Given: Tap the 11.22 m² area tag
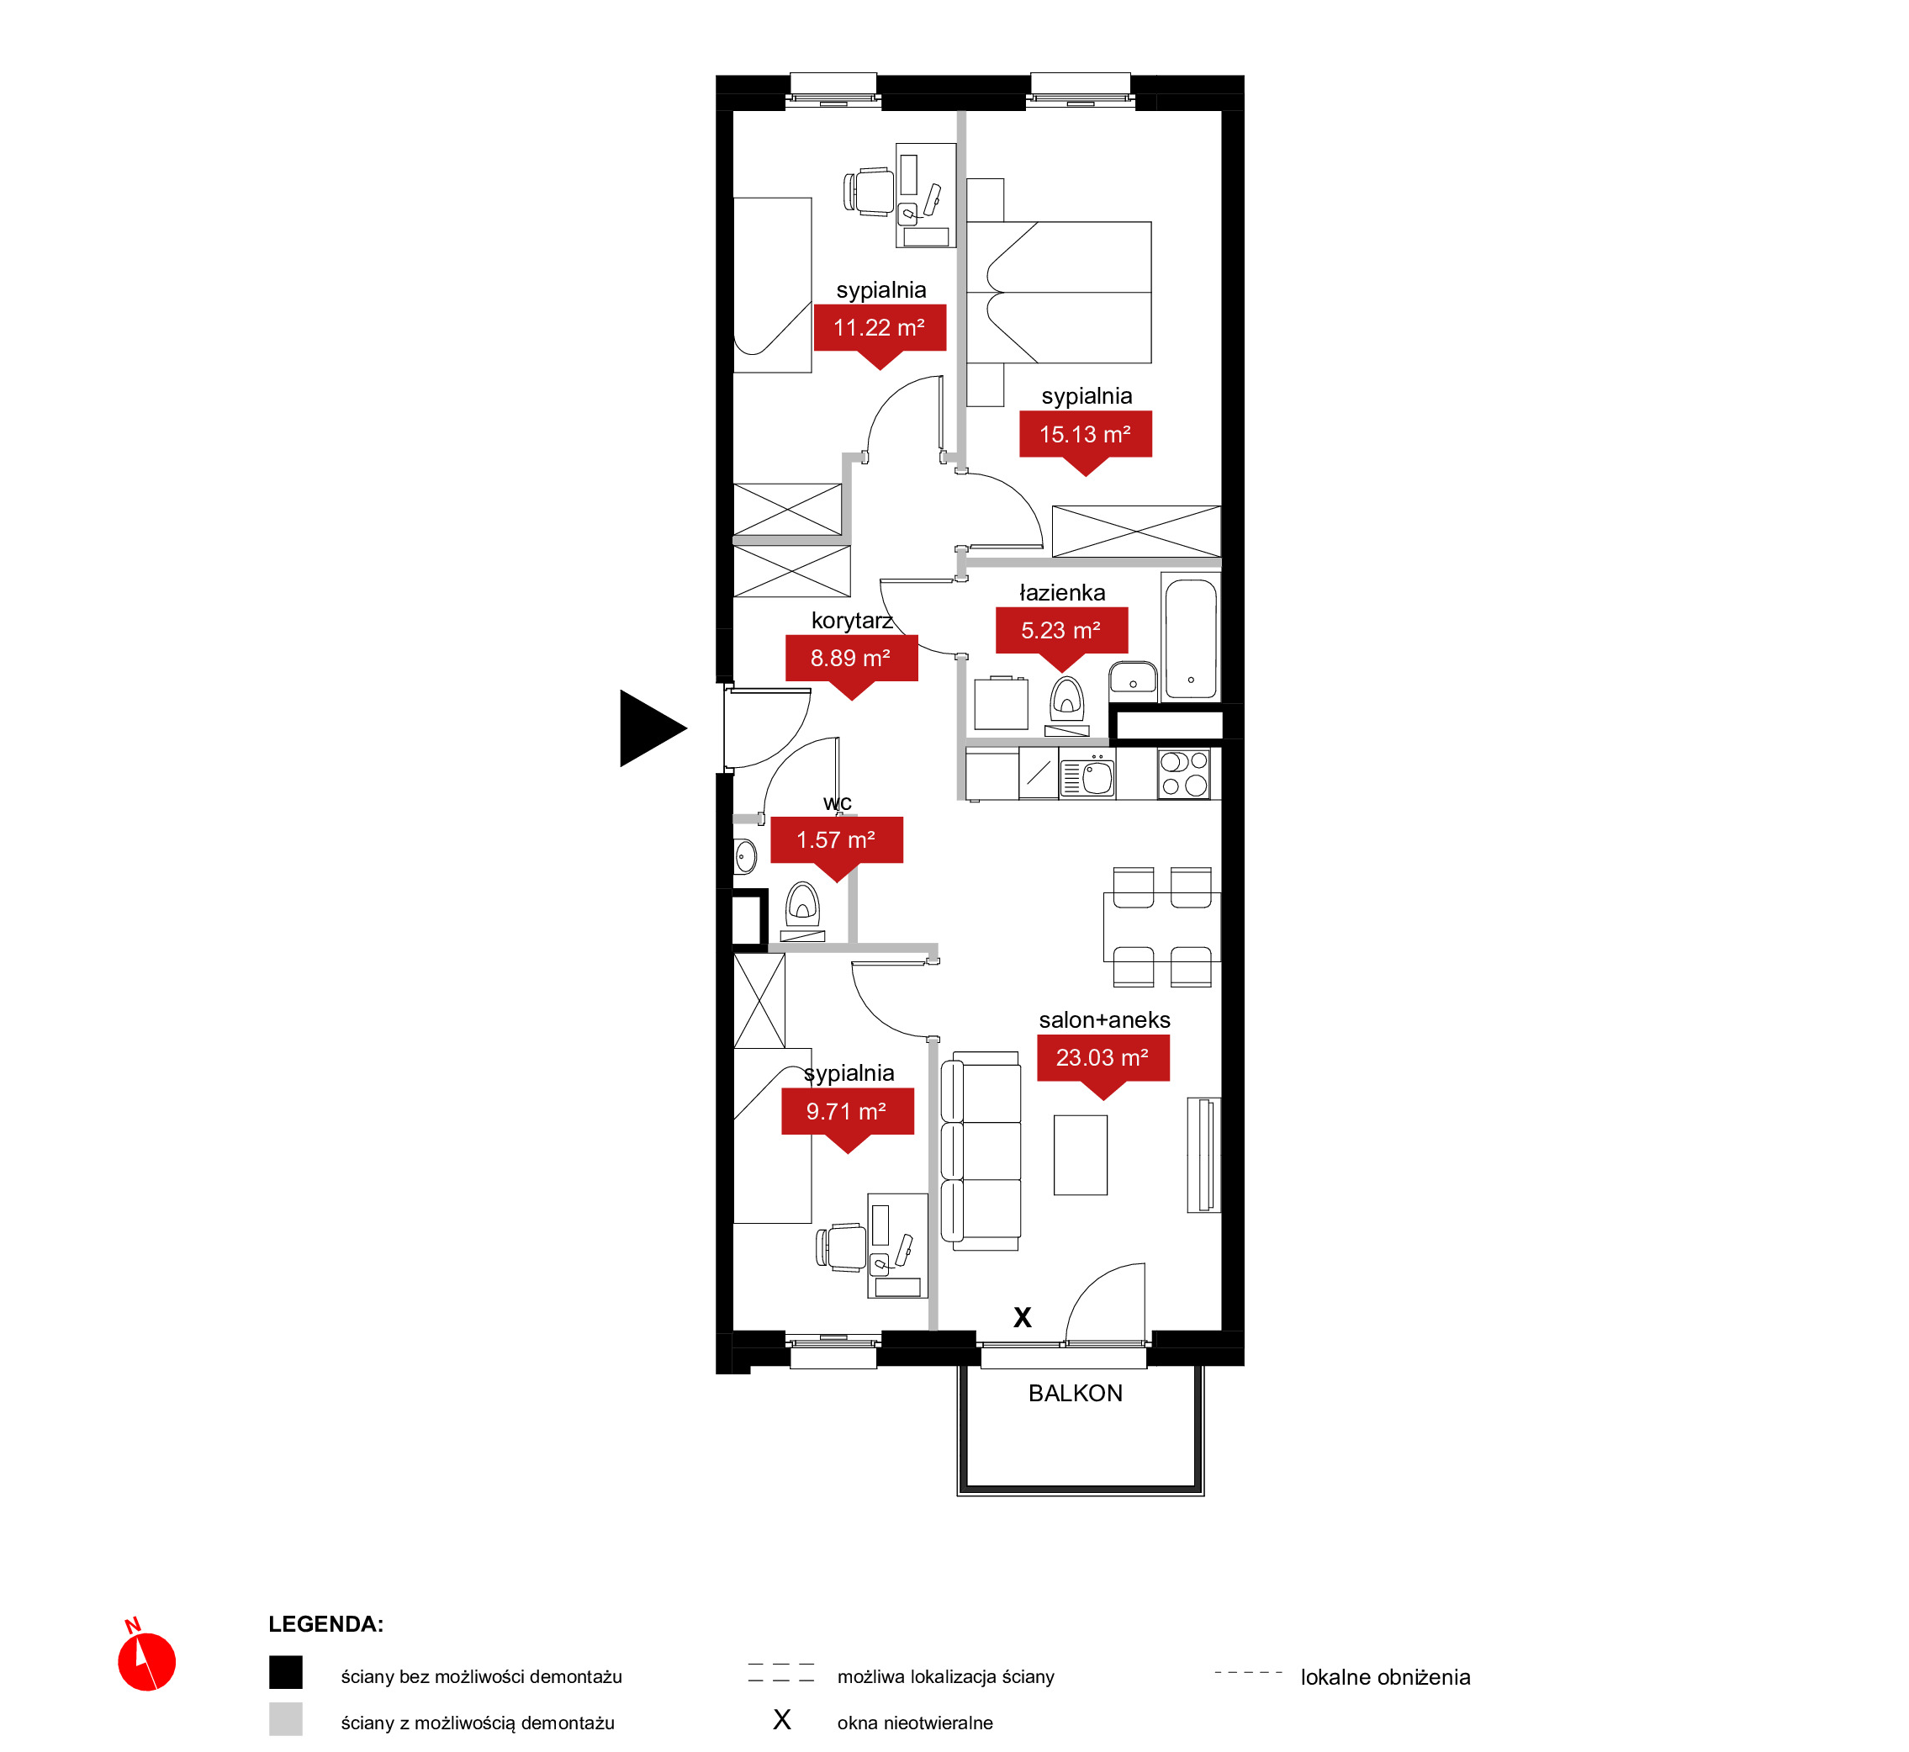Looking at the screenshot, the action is tap(880, 331).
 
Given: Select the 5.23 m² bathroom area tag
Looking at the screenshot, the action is tap(1061, 633).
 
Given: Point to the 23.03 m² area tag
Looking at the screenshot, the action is tap(1103, 1061).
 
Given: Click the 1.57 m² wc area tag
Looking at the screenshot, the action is tap(836, 843).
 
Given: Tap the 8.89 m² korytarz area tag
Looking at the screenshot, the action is tap(851, 661).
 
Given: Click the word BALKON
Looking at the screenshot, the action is tap(1075, 1393).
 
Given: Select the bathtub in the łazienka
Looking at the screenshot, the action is tap(1191, 638).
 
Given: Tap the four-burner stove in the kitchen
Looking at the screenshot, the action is tap(1184, 774).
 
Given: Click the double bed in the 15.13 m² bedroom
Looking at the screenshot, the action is tap(1059, 292).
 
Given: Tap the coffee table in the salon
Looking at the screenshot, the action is tap(1080, 1155).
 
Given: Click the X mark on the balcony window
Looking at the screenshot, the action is tap(1022, 1317).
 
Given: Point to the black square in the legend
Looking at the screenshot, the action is tap(285, 1671).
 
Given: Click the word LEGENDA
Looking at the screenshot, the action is tap(325, 1624).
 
